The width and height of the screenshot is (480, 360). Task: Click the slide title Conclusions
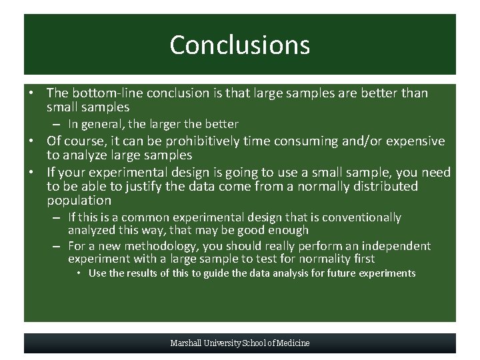coord(239,45)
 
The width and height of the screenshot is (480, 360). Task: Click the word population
coord(79,201)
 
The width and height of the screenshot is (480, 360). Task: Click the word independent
coord(395,246)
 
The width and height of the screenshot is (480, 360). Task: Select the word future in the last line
coord(341,273)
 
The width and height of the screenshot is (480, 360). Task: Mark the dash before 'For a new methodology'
coord(57,246)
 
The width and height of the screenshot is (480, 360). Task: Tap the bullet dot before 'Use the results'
coord(78,273)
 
